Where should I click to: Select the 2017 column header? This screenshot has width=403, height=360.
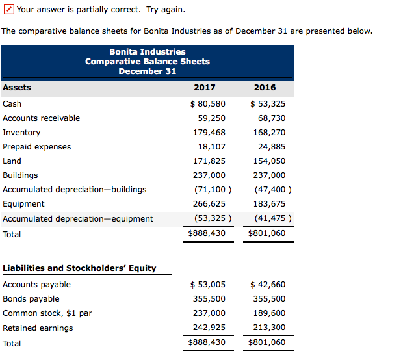tap(205, 88)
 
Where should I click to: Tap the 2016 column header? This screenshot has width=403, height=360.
tap(265, 88)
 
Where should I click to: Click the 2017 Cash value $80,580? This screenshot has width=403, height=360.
tap(208, 104)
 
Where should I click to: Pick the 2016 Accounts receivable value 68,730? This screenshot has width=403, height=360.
tap(271, 118)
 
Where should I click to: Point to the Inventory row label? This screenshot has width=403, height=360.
tap(21, 133)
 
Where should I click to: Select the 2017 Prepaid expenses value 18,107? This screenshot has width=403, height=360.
tap(211, 147)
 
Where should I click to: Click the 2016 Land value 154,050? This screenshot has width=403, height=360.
tap(269, 161)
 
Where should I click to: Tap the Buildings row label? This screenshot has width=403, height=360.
tap(20, 175)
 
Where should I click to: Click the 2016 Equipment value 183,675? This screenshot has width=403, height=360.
tap(269, 204)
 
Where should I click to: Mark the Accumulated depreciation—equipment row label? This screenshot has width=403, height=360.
tap(78, 219)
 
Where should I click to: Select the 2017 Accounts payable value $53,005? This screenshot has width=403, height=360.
tap(208, 285)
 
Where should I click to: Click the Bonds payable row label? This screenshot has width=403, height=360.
tap(31, 299)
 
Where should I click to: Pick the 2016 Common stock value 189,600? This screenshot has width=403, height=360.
tap(269, 313)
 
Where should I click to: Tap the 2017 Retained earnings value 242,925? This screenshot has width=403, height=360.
tap(209, 328)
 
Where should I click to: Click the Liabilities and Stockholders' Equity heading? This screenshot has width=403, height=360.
tap(79, 268)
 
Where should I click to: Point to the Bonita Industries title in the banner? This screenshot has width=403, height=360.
tap(148, 52)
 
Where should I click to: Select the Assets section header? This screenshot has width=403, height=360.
tap(17, 88)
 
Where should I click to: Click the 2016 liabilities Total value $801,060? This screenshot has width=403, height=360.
tap(266, 342)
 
